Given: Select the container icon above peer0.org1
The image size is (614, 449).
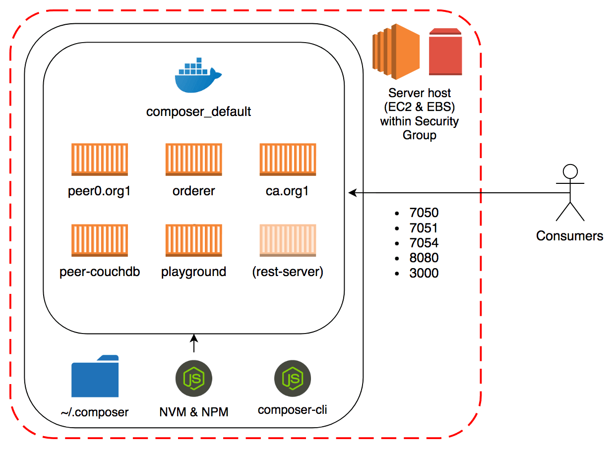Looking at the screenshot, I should click(100, 160).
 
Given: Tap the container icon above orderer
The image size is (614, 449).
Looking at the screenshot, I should click(194, 160).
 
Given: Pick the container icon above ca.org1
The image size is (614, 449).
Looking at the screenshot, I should click(288, 160).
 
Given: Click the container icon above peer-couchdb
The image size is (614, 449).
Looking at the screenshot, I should click(100, 240).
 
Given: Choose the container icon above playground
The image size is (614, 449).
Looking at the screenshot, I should click(194, 240).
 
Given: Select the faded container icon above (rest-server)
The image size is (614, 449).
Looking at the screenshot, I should click(288, 240).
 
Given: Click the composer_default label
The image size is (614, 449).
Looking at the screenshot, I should click(198, 112).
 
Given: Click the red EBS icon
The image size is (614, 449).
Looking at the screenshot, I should click(445, 52).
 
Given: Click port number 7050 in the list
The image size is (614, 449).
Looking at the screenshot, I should click(424, 213).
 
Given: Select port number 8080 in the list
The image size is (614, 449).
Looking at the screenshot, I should click(424, 258).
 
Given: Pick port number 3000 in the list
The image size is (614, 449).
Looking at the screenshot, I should click(424, 273).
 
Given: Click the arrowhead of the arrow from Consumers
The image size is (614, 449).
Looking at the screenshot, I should click(352, 192).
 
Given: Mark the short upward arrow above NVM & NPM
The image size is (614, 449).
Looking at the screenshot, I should click(194, 343).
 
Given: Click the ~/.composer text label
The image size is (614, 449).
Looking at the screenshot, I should click(95, 412).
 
